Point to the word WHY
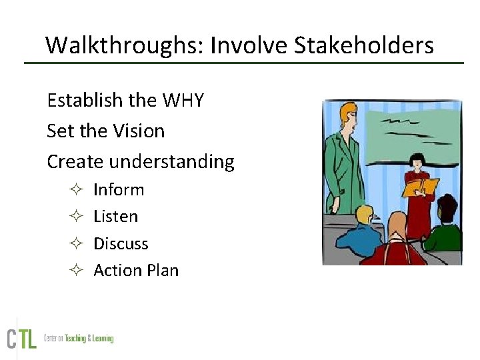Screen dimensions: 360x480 pyautogui.click(x=183, y=101)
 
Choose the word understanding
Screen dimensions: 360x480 pyautogui.click(x=171, y=162)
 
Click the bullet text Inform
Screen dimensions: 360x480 pyautogui.click(x=119, y=190)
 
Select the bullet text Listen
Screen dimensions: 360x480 pyautogui.click(x=115, y=217)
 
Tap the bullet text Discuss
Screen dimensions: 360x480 pyautogui.click(x=121, y=243)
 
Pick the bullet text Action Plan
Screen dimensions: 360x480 pyautogui.click(x=136, y=271)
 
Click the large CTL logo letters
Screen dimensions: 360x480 pyautogui.click(x=22, y=338)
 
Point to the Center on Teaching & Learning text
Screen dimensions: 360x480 pyautogui.click(x=79, y=339)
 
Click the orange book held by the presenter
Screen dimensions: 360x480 pyautogui.click(x=420, y=187)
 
